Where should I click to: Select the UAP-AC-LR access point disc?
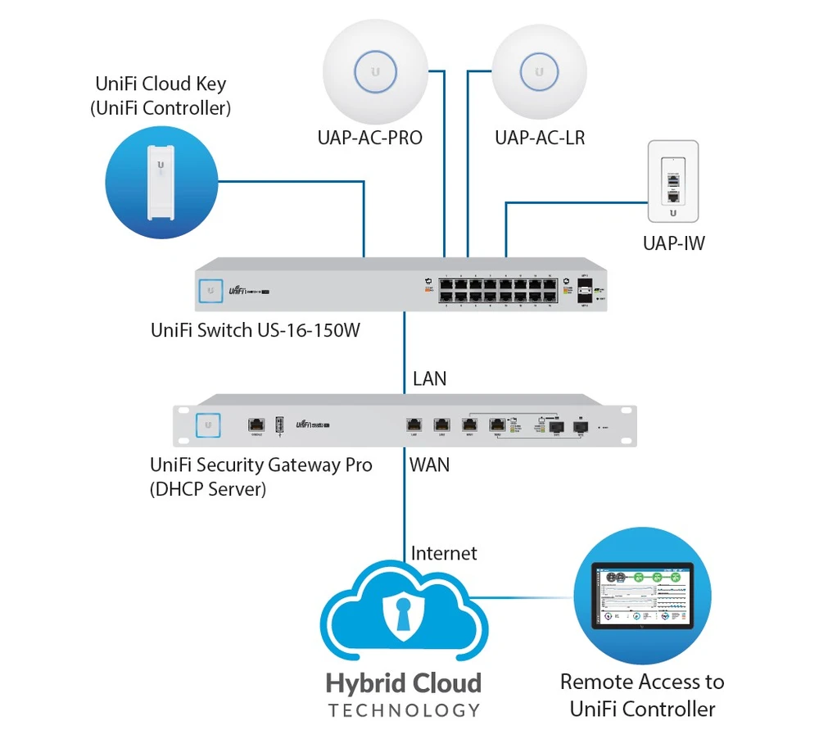click(x=540, y=72)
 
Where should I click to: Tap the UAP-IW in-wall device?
click(x=672, y=181)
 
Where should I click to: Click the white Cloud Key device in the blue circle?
click(x=161, y=181)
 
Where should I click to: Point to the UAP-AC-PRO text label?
click(x=370, y=138)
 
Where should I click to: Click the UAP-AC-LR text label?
click(x=540, y=138)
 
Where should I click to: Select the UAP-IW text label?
click(x=674, y=243)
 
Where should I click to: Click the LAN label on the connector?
click(x=430, y=379)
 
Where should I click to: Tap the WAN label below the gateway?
click(x=430, y=465)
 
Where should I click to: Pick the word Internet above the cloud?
click(x=444, y=553)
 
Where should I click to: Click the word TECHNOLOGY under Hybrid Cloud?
click(x=404, y=710)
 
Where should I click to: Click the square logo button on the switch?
click(x=211, y=289)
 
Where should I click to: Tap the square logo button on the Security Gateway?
click(x=209, y=424)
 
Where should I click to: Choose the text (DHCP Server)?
click(x=208, y=490)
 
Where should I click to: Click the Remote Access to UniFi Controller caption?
click(x=642, y=696)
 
